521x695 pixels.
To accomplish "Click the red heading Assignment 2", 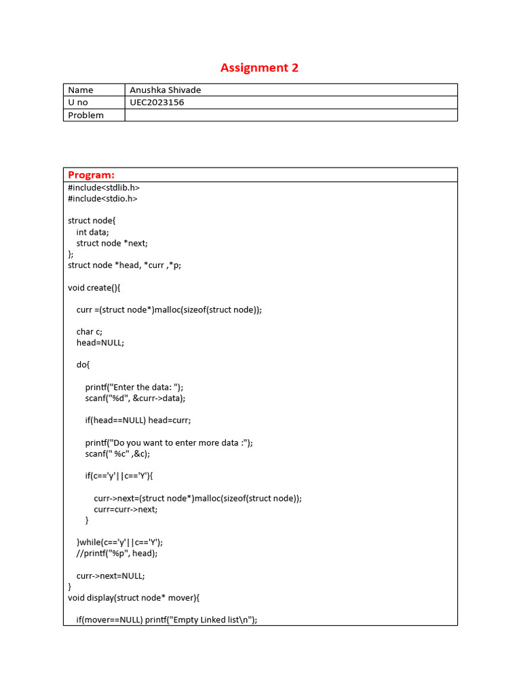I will tap(259, 68).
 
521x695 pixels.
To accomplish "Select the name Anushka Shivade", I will tap(166, 90).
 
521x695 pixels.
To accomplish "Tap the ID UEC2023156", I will tap(157, 102).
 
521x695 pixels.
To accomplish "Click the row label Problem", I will tap(85, 115).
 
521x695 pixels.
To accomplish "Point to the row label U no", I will tap(78, 102).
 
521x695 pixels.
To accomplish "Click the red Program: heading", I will tap(91, 175).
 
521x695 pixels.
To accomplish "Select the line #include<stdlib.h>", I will tap(104, 187).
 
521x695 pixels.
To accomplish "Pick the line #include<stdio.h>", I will tap(102, 199).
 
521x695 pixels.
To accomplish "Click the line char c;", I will tap(90, 332).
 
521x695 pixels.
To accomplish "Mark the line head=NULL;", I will tap(100, 343).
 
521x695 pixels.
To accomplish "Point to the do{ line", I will tap(83, 364).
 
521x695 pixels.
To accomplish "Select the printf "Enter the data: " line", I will tap(134, 387).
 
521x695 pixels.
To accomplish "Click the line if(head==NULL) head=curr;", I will tap(138, 420).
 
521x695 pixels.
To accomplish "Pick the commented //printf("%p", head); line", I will tap(117, 553).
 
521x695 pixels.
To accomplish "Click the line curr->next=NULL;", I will tap(111, 576).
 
